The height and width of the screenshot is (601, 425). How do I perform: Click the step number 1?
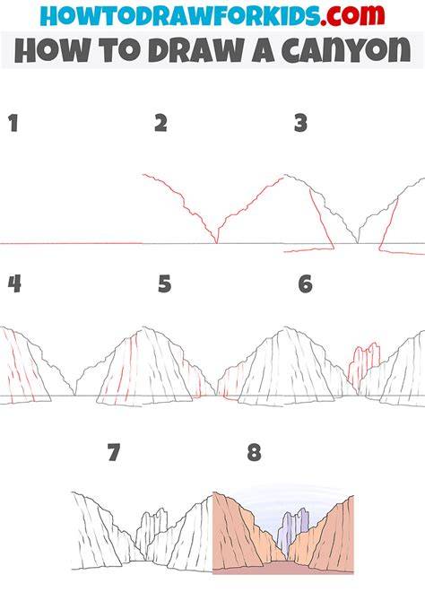[13, 124]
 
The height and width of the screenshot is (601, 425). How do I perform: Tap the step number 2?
[161, 124]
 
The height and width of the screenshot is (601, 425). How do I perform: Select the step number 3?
[301, 124]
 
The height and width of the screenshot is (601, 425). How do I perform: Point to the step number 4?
[14, 284]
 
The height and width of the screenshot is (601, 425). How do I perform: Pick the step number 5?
[164, 284]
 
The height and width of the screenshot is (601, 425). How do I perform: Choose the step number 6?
[306, 284]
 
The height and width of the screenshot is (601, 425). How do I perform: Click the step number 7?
[114, 452]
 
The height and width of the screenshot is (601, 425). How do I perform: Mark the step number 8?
[255, 452]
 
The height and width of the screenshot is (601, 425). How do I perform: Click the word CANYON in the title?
[346, 50]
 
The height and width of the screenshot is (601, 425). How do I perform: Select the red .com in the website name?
[352, 15]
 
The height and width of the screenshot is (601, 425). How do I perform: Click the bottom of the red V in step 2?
[216, 243]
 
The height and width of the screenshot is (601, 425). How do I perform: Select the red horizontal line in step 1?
[71, 243]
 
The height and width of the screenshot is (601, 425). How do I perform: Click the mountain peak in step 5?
[144, 327]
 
